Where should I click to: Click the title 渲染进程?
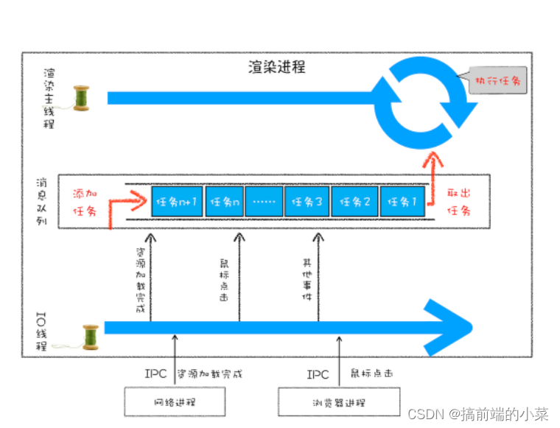(276, 67)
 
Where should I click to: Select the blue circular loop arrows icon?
(424, 97)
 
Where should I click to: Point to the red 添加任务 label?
(85, 202)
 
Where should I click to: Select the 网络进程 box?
(175, 402)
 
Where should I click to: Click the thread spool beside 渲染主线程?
(80, 98)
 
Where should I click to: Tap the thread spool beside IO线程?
(90, 337)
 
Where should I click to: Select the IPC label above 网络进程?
(156, 373)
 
